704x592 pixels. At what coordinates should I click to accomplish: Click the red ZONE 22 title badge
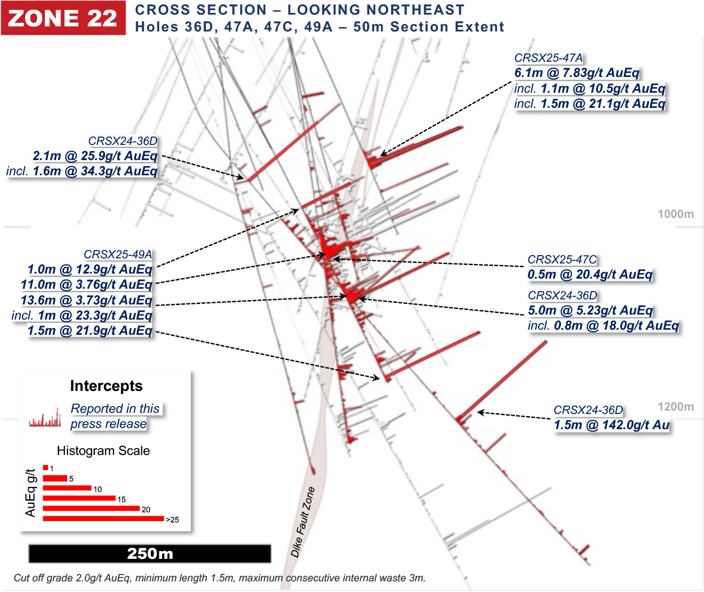(63, 18)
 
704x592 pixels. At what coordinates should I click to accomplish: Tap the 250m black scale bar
(150, 553)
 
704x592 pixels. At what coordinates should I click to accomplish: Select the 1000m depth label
(675, 214)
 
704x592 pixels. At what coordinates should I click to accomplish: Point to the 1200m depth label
(675, 407)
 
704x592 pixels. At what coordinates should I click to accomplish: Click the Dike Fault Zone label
(303, 522)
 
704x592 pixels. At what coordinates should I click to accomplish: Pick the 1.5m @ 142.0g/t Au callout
(611, 425)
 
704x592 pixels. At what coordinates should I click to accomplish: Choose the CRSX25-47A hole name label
(548, 58)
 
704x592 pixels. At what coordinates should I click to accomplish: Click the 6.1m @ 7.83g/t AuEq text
(577, 73)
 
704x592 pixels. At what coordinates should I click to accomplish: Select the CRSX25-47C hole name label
(562, 259)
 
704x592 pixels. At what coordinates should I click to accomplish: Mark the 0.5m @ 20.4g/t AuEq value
(590, 275)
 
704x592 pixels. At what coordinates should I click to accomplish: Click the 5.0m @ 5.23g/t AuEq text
(590, 311)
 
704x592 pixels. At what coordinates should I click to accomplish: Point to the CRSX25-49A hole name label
(118, 254)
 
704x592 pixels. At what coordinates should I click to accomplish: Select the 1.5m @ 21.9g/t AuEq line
(90, 331)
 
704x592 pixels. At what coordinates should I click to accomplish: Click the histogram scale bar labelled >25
(103, 518)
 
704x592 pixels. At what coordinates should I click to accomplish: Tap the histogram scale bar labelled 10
(67, 488)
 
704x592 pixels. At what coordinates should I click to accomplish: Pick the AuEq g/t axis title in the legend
(31, 493)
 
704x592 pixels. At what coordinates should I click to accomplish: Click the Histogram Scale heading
(103, 450)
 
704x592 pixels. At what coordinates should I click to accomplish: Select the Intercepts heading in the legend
(106, 386)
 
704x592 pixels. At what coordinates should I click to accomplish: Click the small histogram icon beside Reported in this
(45, 418)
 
